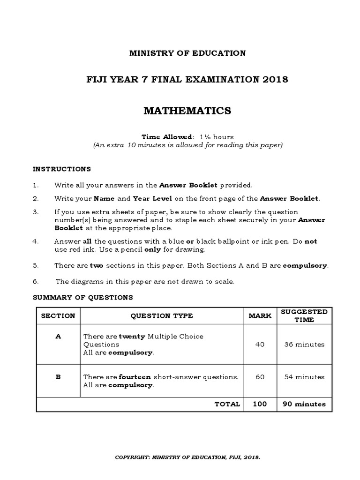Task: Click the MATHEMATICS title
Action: [x=187, y=111]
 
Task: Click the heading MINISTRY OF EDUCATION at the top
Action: [x=187, y=53]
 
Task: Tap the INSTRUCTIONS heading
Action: [x=61, y=169]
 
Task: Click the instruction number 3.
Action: [x=35, y=212]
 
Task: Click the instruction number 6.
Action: [x=35, y=281]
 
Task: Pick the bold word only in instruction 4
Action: [x=152, y=249]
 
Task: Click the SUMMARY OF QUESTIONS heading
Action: [x=82, y=297]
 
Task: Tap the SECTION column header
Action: [x=58, y=316]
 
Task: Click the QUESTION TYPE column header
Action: [x=161, y=316]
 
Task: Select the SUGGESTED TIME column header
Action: [x=304, y=315]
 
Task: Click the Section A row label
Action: [x=58, y=337]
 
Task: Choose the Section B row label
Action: [x=58, y=376]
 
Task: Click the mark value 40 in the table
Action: [x=260, y=344]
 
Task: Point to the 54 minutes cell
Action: [x=304, y=377]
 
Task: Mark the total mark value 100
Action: [x=260, y=404]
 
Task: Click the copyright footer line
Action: [x=188, y=457]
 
